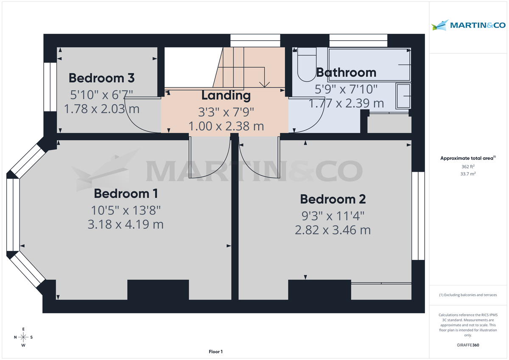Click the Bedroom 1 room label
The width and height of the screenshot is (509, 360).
pyautogui.click(x=126, y=194)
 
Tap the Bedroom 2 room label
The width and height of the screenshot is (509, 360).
pyautogui.click(x=333, y=199)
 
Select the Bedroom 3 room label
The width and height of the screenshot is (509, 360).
pyautogui.click(x=101, y=78)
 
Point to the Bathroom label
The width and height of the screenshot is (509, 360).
pyautogui.click(x=346, y=73)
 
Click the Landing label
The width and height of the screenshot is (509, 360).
pyautogui.click(x=226, y=95)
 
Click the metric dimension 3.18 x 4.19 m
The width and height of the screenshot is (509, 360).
pyautogui.click(x=126, y=224)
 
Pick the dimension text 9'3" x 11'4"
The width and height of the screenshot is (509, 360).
pyautogui.click(x=333, y=215)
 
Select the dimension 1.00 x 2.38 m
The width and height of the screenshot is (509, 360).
pyautogui.click(x=226, y=126)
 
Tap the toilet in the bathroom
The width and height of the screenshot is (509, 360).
pyautogui.click(x=306, y=66)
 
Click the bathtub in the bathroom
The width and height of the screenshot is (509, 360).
pyautogui.click(x=369, y=64)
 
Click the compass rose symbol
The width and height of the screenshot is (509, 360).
pyautogui.click(x=24, y=337)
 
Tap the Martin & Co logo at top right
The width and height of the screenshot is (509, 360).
pyautogui.click(x=468, y=25)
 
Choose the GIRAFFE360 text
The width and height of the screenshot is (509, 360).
pyautogui.click(x=468, y=345)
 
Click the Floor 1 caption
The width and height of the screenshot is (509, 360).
pyautogui.click(x=215, y=352)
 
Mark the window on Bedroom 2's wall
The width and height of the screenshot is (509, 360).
pyautogui.click(x=418, y=216)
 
